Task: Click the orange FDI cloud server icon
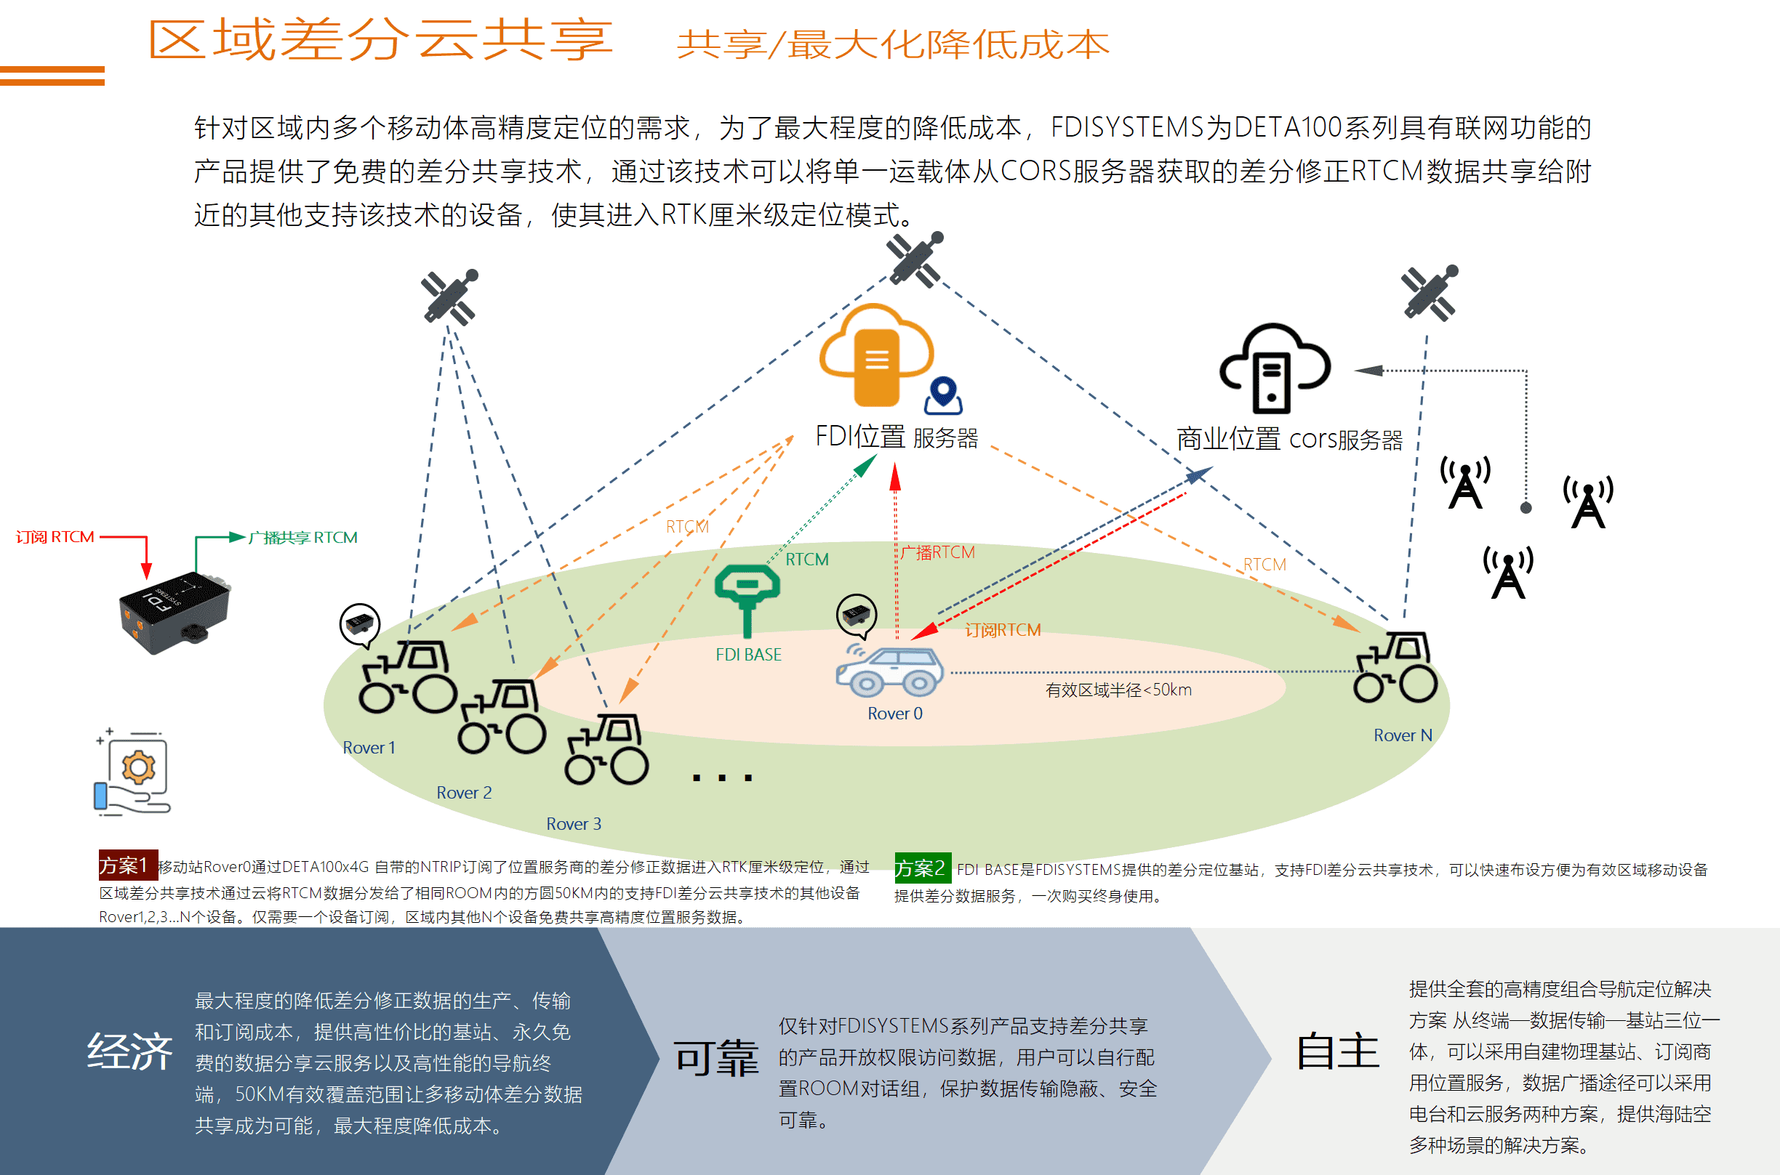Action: (x=875, y=356)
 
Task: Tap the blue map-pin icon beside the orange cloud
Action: (x=942, y=395)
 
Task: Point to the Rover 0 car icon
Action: (x=889, y=671)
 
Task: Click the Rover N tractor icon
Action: (x=1395, y=667)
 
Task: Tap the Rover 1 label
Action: (x=369, y=747)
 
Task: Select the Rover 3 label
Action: (x=574, y=823)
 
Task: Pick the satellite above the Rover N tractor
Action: (x=1429, y=293)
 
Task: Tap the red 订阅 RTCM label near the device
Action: (x=55, y=537)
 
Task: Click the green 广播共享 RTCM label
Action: (x=303, y=537)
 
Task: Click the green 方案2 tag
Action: (x=922, y=868)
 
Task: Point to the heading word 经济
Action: (x=129, y=1051)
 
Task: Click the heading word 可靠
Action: (x=715, y=1057)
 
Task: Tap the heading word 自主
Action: (x=1338, y=1051)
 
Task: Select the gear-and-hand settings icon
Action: (x=133, y=772)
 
